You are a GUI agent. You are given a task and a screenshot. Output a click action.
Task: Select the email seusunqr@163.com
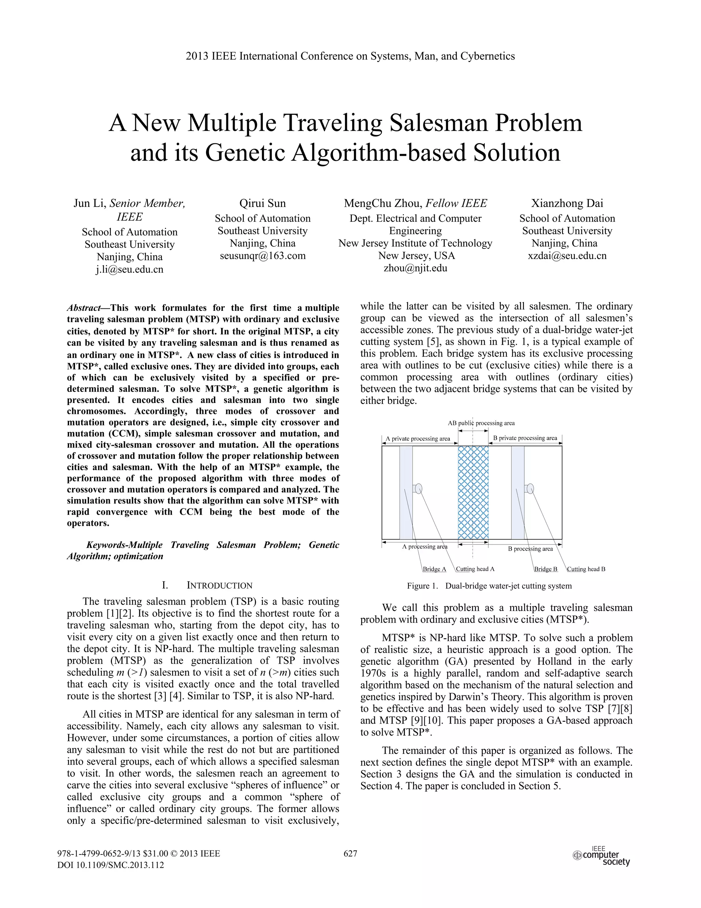263,256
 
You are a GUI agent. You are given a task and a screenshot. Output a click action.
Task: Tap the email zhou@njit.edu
415,268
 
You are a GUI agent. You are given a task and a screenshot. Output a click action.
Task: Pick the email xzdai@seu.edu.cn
567,256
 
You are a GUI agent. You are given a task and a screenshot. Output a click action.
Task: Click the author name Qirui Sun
263,203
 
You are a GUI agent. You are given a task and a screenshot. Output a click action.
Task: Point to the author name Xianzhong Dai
567,203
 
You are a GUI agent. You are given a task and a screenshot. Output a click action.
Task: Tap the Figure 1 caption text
489,586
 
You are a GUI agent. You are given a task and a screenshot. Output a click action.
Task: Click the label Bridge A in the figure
434,569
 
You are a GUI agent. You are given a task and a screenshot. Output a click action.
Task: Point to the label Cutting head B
586,569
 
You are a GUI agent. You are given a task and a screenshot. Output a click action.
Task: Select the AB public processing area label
481,423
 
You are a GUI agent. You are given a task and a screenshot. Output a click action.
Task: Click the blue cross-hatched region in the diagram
473,492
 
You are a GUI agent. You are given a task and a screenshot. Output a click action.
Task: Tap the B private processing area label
525,438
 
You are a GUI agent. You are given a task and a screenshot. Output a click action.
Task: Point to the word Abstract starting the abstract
84,308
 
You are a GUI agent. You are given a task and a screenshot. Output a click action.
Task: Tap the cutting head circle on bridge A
419,488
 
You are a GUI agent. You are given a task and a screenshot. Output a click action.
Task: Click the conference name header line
350,56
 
